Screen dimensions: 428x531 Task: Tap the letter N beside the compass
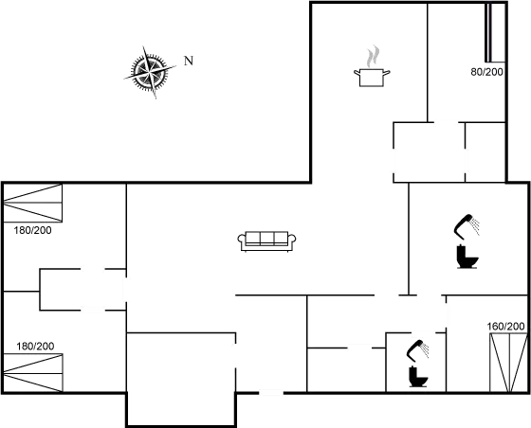pos(188,61)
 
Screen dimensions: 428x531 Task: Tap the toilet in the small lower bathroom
pos(417,376)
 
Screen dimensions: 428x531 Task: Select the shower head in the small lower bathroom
pos(417,351)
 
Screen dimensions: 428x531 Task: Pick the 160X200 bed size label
pos(506,327)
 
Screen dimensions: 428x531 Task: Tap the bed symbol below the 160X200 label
pos(506,360)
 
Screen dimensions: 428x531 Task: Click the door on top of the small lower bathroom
pos(423,333)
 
